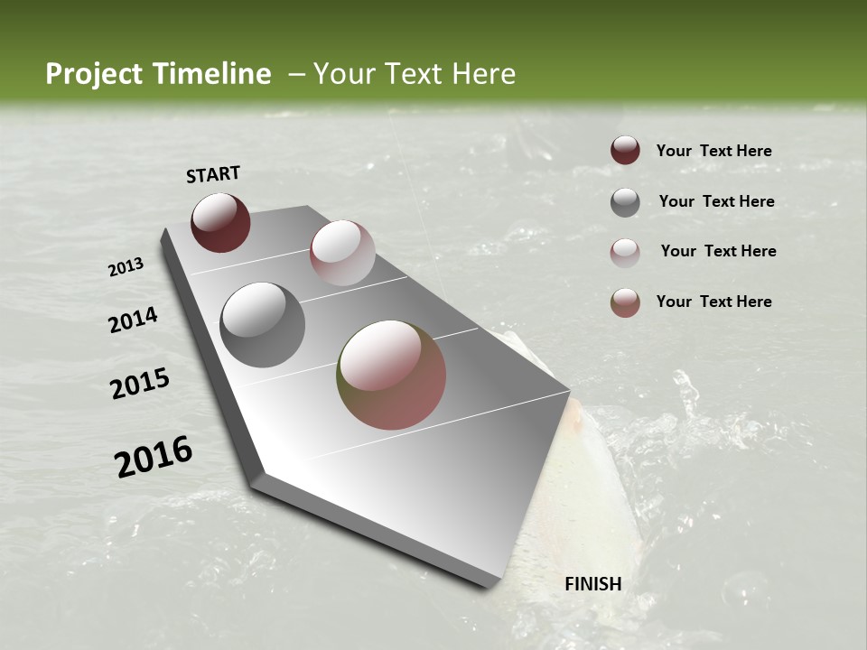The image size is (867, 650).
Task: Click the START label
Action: tap(213, 174)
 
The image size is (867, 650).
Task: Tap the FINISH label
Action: tap(593, 584)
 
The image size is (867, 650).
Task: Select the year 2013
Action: tap(126, 267)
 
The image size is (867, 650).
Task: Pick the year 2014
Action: tap(134, 320)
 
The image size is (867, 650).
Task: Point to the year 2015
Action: tap(140, 384)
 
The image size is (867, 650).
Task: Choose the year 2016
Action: tap(154, 456)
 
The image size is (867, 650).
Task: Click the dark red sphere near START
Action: tap(220, 222)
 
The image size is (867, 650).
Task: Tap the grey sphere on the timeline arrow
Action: tap(262, 325)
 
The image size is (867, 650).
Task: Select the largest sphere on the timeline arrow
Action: tap(391, 375)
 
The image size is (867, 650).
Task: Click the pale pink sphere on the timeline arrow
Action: tap(342, 253)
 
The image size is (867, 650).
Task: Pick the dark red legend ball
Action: tap(625, 150)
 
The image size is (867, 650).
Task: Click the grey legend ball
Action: tap(625, 202)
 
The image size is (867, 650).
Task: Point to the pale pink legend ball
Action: tap(625, 253)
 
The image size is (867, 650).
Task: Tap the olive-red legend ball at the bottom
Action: tap(625, 302)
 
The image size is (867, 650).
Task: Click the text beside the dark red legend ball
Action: tap(713, 151)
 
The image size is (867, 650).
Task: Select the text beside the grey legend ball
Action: tap(716, 201)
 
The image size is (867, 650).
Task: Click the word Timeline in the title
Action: tap(208, 74)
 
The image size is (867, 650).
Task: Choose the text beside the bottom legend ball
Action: tap(713, 302)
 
